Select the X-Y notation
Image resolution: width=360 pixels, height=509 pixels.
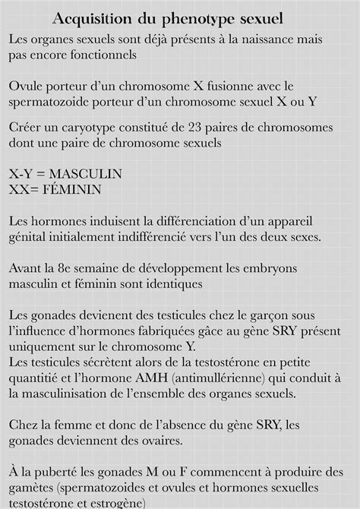[23, 174]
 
